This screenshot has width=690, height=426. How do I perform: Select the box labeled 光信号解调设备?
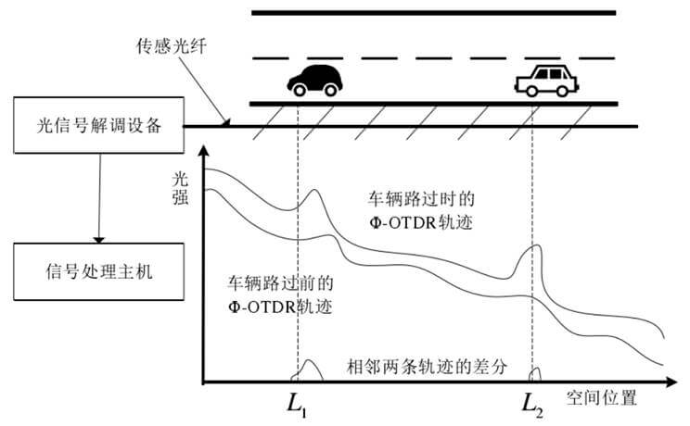pos(96,127)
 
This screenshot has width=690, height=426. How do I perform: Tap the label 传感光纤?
pos(167,44)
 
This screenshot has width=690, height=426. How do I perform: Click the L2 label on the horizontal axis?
pos(531,404)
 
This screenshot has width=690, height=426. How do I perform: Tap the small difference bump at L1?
pos(309,370)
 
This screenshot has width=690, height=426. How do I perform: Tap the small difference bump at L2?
pos(535,375)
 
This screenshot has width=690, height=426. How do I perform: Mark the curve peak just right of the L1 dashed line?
pos(315,193)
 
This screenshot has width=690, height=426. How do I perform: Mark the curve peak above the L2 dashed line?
pos(536,245)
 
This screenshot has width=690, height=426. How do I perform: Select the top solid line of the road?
pos(434,13)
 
